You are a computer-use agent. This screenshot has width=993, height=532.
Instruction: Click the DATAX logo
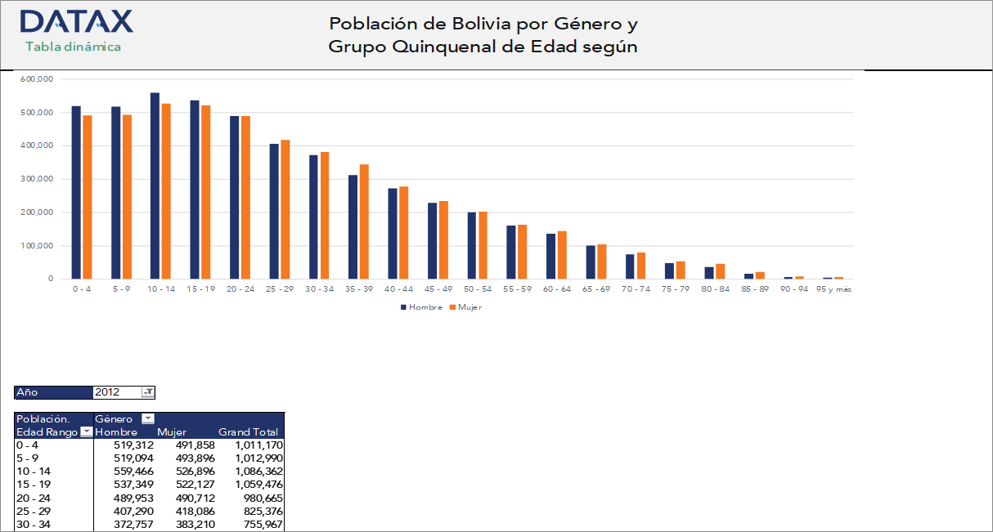point(76,21)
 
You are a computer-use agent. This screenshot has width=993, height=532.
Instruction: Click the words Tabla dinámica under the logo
point(73,47)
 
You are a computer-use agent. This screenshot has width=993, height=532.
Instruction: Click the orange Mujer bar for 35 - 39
point(364,221)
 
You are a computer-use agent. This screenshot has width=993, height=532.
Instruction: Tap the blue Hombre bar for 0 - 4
point(76,192)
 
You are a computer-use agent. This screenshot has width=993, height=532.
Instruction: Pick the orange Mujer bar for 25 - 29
point(285,209)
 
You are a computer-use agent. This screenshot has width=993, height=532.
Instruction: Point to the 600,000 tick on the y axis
point(37,79)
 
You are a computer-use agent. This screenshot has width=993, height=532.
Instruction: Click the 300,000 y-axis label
point(37,179)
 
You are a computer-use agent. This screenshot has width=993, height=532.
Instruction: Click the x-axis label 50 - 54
point(477,289)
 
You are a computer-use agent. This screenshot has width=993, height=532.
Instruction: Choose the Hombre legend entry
point(421,307)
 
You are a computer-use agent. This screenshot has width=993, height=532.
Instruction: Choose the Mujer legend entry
point(465,307)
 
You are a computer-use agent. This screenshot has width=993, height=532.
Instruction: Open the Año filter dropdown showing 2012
point(147,392)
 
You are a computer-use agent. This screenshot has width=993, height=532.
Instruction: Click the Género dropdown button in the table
point(147,418)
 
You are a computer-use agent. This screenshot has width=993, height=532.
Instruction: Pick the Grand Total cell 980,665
point(259,498)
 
